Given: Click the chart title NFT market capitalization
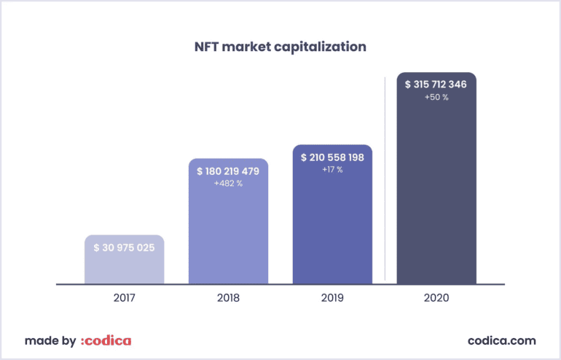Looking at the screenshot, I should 280,47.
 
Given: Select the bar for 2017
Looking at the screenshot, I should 124,266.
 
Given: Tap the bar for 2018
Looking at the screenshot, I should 228,233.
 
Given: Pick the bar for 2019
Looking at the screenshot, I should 332,226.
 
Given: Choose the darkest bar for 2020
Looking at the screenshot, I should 436,189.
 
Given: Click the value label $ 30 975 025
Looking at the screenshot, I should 124,248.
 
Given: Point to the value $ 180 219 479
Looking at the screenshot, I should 228,171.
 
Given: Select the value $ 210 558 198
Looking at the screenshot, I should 332,157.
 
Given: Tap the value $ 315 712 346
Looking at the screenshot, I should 436,85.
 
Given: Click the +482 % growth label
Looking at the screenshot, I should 228,184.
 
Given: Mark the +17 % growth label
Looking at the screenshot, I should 332,170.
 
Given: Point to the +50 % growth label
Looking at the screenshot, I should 436,97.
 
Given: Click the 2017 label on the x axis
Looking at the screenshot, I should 124,298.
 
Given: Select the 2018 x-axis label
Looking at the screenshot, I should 228,298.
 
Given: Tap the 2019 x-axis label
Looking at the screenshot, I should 332,298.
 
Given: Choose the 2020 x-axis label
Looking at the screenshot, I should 436,298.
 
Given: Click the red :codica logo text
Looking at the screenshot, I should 106,340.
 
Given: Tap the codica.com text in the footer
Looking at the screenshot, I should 501,340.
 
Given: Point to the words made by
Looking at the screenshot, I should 50,340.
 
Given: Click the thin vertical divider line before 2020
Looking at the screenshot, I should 385,179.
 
